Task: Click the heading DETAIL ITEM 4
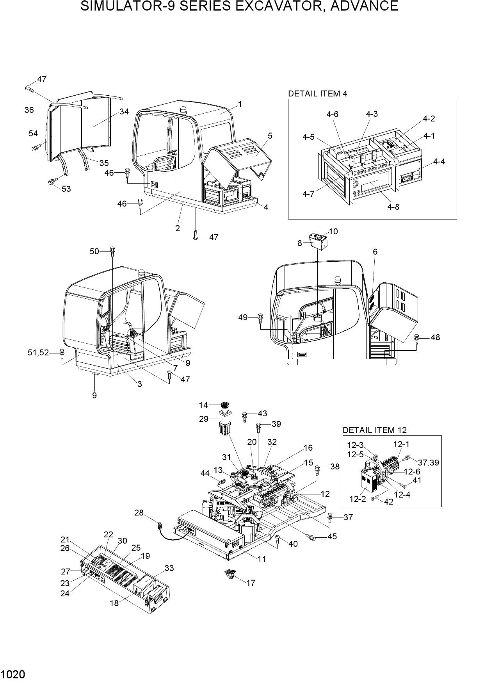pos(317,93)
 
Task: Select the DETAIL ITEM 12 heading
pos(374,430)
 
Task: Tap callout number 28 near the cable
pos(139,512)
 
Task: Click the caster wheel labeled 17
pos(230,574)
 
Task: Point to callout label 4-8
pos(393,207)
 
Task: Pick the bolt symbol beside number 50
pos(112,251)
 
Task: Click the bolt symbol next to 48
pos(416,338)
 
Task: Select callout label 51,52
pos(38,353)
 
